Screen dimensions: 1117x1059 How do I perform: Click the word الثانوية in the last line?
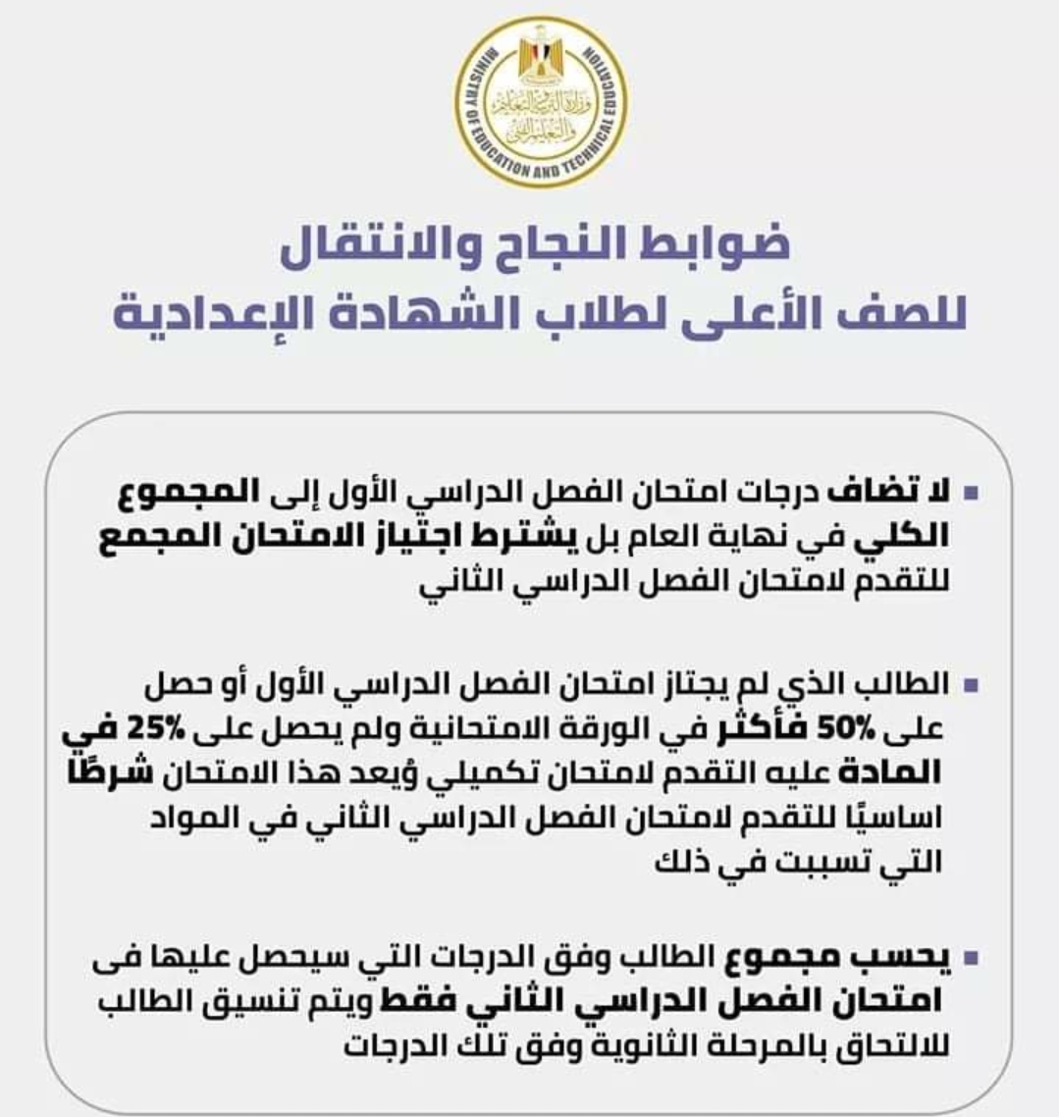pos(598,1046)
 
